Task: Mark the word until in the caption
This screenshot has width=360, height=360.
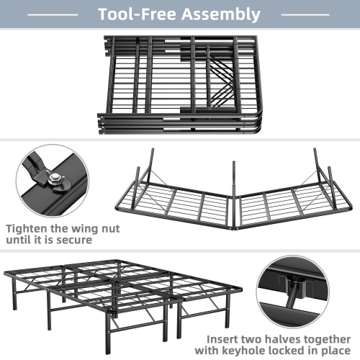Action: pyautogui.click(x=26, y=240)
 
